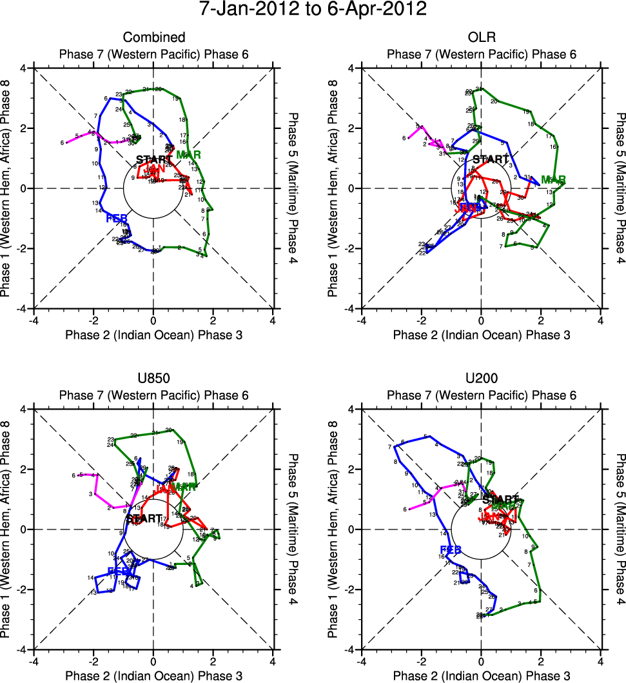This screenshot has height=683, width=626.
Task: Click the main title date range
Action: pos(313,10)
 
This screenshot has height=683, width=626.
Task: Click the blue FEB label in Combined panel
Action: pos(118,218)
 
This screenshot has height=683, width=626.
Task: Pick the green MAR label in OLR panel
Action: pos(553,179)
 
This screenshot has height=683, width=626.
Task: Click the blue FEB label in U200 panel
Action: pos(450,549)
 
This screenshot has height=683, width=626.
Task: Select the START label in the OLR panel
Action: pos(491,159)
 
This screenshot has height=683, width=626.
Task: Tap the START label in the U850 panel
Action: pos(144,518)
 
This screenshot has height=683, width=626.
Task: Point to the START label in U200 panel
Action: pos(500,499)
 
